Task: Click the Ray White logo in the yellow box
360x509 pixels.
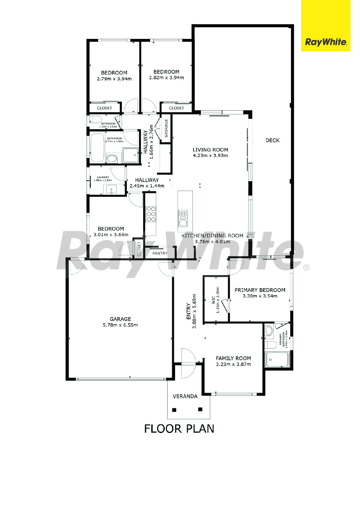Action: [326, 42]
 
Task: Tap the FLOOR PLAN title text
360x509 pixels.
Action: [179, 429]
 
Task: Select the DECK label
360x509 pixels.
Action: [273, 140]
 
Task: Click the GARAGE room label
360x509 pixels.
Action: [120, 319]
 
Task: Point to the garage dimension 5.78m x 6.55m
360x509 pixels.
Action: [120, 325]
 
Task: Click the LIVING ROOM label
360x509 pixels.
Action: [210, 150]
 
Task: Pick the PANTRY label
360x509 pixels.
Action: [160, 253]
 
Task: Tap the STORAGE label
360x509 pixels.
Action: [166, 128]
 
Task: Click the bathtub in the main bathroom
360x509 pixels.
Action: [98, 148]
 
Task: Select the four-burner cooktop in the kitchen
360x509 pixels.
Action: [151, 214]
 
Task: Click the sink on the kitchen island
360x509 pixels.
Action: [183, 218]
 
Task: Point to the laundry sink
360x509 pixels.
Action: [111, 189]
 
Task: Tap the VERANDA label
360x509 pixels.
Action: [185, 396]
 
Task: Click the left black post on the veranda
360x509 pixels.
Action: [174, 410]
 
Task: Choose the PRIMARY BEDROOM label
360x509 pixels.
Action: [260, 290]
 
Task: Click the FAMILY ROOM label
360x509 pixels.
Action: [233, 358]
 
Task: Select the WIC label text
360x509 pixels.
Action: [213, 300]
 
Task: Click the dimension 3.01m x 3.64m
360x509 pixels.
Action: [111, 235]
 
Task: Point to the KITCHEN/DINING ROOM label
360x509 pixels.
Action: [213, 236]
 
